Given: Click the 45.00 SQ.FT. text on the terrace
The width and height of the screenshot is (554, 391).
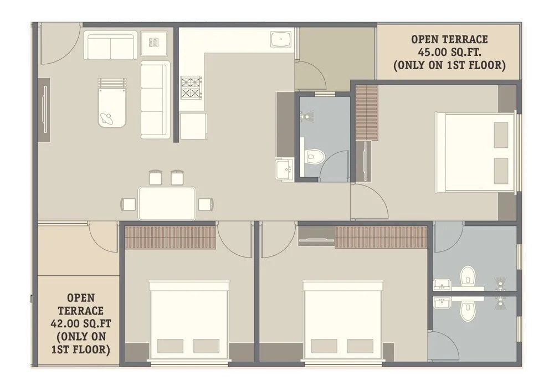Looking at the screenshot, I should (449, 52).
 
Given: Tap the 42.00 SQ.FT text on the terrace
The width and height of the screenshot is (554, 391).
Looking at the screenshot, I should (81, 323).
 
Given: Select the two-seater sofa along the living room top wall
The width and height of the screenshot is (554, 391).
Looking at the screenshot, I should (110, 45).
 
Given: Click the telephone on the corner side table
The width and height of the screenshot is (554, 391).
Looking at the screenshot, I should (153, 42).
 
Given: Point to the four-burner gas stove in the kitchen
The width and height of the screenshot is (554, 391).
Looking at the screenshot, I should (190, 88).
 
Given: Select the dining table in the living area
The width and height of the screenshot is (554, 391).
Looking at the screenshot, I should (167, 203).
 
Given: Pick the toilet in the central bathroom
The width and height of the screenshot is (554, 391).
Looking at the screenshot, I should (313, 156).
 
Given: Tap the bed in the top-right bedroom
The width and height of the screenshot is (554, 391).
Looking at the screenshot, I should (475, 152).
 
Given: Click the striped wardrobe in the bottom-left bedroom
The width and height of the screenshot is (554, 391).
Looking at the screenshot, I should (170, 237).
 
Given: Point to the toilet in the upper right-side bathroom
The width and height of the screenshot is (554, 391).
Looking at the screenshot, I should (468, 275).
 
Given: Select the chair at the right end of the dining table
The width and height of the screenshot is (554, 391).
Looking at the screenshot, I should (205, 204).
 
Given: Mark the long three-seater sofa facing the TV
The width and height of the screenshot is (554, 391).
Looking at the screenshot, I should (155, 100).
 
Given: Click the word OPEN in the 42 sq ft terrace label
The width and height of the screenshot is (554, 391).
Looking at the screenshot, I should (81, 299).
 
